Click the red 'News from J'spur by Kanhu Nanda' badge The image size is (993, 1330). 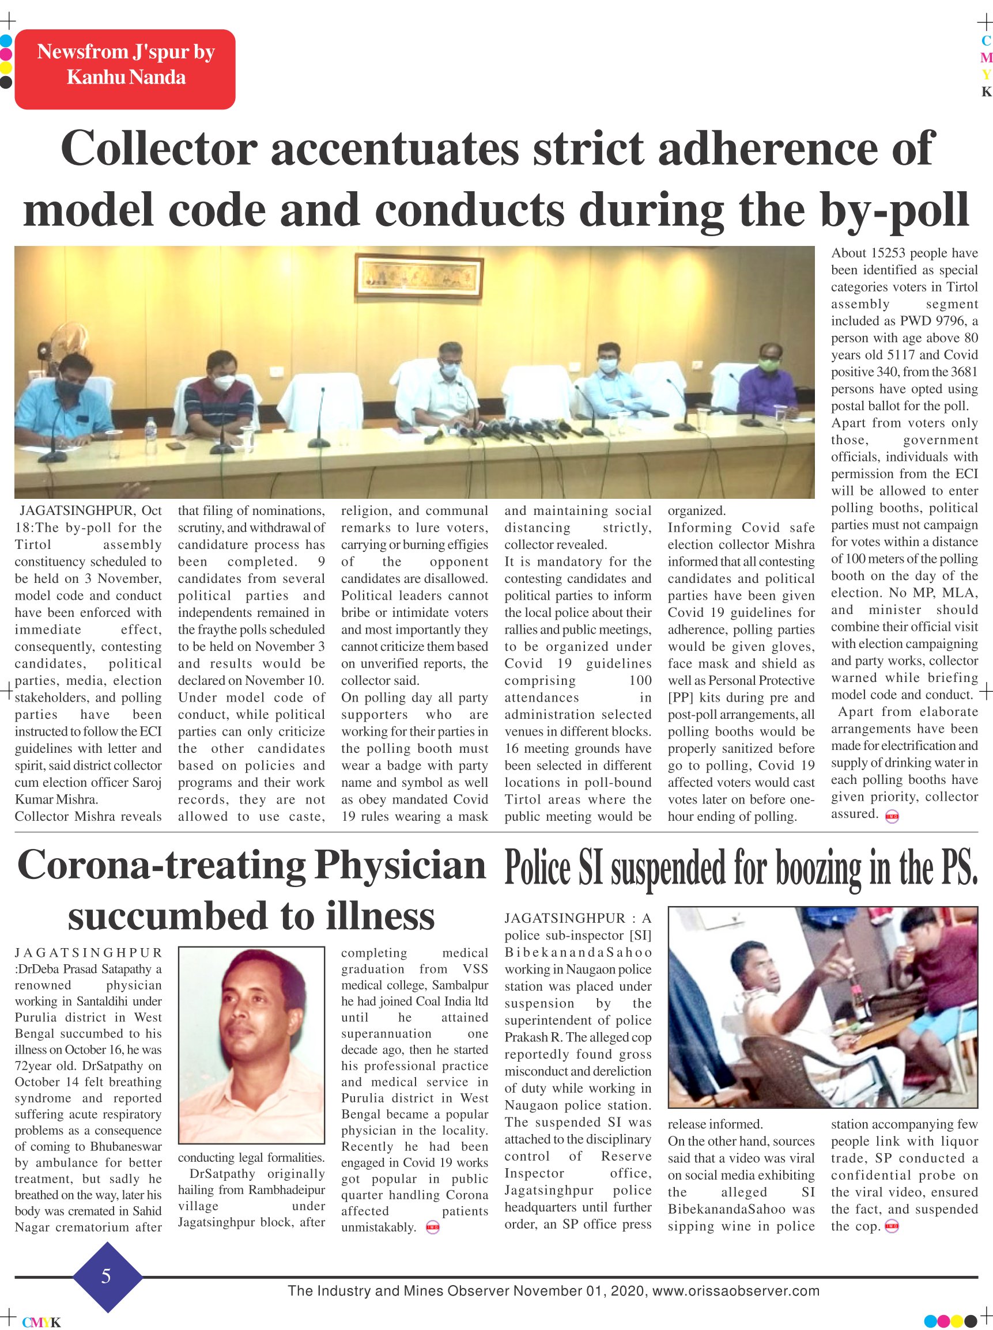click(x=125, y=69)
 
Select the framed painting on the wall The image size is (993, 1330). click(x=418, y=276)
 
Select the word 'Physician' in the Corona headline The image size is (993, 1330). click(x=401, y=866)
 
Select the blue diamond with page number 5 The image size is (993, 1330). click(x=107, y=1275)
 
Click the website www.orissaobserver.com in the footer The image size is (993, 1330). click(x=736, y=1290)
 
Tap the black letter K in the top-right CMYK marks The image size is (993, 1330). click(x=986, y=92)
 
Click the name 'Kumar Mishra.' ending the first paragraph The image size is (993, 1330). click(x=56, y=799)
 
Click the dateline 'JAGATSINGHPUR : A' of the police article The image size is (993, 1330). click(x=577, y=918)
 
